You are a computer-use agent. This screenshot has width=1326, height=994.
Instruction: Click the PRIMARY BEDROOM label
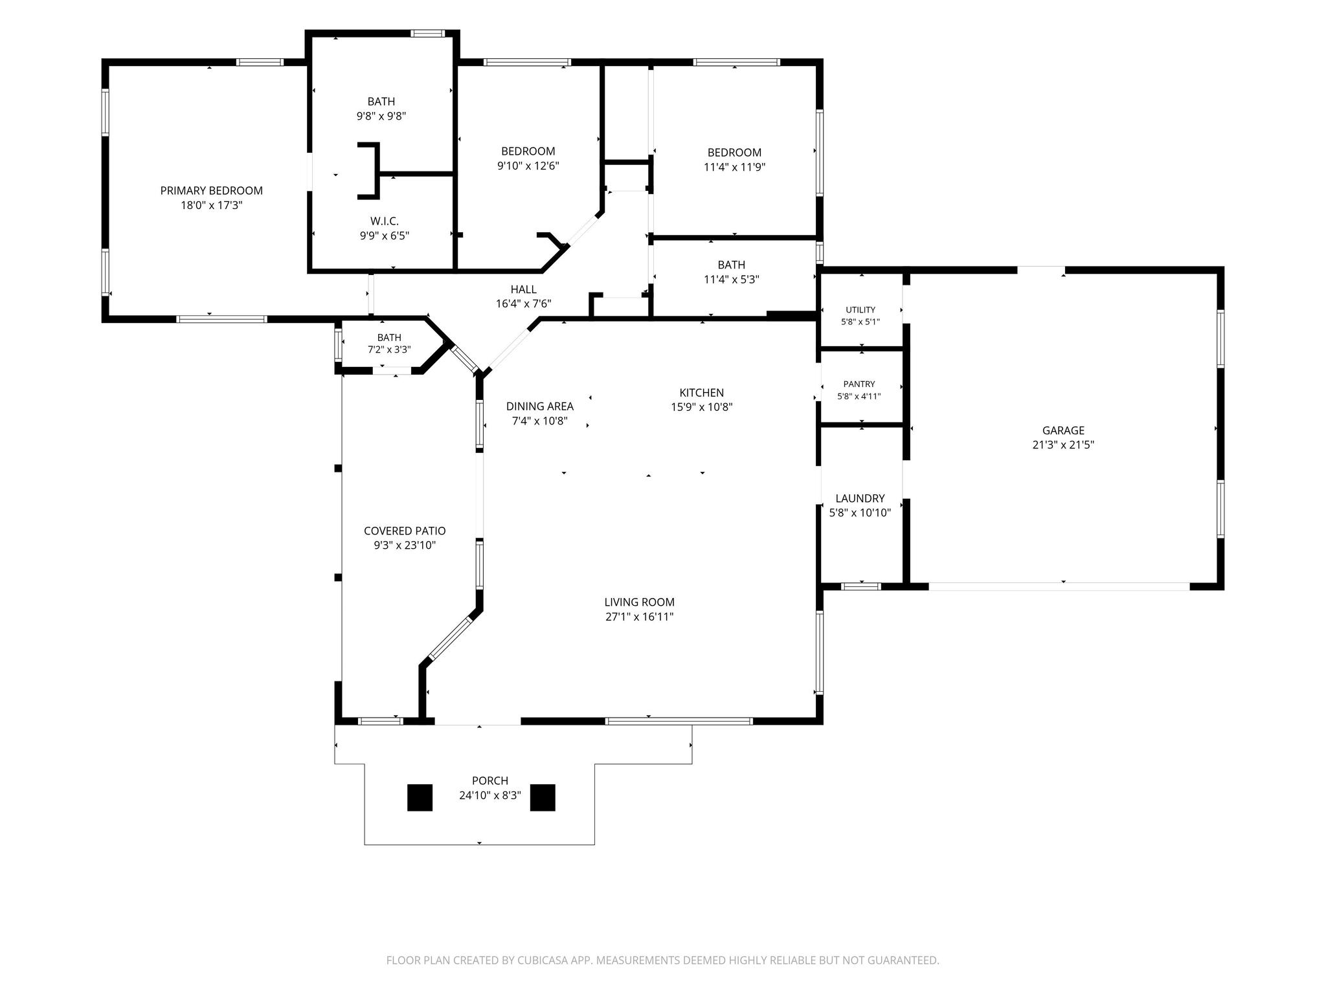point(212,191)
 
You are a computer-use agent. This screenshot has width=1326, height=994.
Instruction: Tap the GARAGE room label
point(1063,430)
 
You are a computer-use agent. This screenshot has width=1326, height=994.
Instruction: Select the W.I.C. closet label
point(385,221)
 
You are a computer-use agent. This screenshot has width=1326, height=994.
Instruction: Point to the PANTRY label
point(859,384)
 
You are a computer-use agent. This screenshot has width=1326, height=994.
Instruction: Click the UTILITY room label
point(860,310)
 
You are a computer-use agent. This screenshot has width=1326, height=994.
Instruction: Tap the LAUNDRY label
point(860,498)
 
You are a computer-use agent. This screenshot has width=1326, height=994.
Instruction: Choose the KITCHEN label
point(702,393)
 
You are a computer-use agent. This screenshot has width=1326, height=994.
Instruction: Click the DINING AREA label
point(540,406)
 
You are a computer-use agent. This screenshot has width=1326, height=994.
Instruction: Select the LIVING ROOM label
point(640,602)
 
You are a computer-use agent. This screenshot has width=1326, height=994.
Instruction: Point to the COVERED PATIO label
point(405,531)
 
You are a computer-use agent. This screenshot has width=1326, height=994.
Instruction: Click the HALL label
point(523,289)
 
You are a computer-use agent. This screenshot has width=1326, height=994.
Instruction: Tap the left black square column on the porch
point(420,797)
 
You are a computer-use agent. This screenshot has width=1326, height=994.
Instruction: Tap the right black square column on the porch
point(543,797)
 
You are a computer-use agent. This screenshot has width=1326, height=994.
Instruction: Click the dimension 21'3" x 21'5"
point(1063,445)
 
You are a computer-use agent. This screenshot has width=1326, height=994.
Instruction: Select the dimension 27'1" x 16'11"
point(640,617)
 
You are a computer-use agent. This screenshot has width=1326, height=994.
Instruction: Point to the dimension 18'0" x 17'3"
point(212,206)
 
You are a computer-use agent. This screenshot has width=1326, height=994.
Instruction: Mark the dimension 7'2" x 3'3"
point(389,350)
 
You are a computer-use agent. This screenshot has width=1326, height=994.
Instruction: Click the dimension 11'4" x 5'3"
point(732,280)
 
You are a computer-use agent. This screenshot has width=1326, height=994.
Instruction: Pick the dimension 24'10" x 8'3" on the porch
point(490,796)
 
